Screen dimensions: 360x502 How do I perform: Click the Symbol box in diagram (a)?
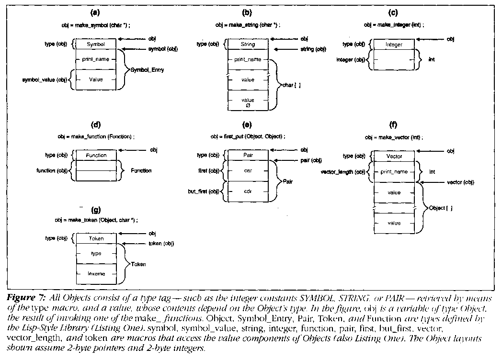click(x=96, y=44)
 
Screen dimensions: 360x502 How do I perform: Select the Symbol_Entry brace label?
click(x=148, y=69)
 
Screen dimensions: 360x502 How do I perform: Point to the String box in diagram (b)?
click(x=248, y=44)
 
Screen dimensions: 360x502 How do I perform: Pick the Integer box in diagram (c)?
click(x=394, y=45)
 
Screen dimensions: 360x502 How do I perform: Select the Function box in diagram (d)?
click(x=96, y=155)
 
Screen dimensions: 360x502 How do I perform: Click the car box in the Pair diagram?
click(x=248, y=171)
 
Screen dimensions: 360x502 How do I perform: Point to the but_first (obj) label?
click(x=202, y=191)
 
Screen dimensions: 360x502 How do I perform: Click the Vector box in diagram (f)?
click(x=394, y=156)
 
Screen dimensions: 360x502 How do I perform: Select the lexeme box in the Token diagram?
click(x=96, y=274)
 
